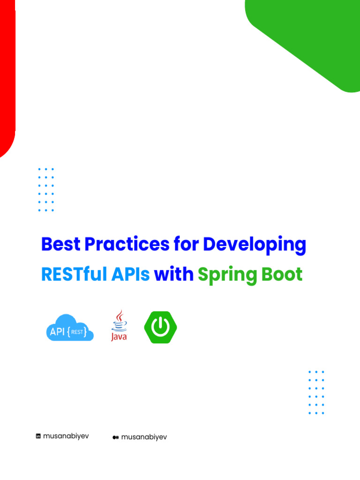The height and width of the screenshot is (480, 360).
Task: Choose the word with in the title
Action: coord(174,275)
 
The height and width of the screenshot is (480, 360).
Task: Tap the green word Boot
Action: coord(282,275)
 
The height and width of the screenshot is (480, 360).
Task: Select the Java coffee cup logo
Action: coord(119,325)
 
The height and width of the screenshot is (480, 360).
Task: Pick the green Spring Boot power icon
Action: coord(160,327)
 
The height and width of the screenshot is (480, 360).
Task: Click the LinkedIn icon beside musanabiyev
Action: coord(38,436)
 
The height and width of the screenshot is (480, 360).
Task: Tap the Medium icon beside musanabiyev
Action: coord(115,437)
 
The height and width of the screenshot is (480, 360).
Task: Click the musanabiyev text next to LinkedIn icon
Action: coord(66,436)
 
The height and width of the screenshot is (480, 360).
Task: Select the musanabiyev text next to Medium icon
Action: coord(144,437)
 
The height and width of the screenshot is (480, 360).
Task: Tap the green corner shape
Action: coord(309,33)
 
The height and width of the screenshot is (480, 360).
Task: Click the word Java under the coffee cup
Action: coord(119,337)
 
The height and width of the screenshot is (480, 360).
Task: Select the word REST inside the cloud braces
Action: coord(77,332)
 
